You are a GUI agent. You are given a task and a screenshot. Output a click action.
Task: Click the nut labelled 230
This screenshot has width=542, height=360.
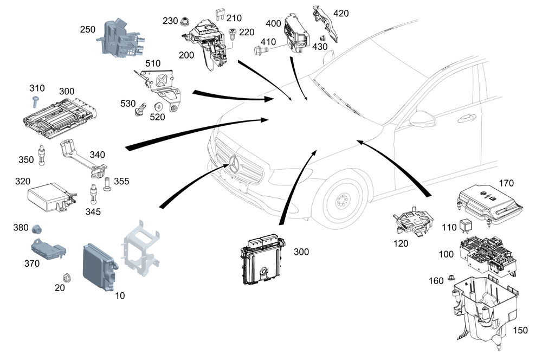[x=185, y=22]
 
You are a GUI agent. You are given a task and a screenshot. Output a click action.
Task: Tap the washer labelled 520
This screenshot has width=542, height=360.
[x=159, y=107]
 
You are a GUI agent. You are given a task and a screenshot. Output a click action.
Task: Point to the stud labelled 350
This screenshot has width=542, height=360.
[x=41, y=156]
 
